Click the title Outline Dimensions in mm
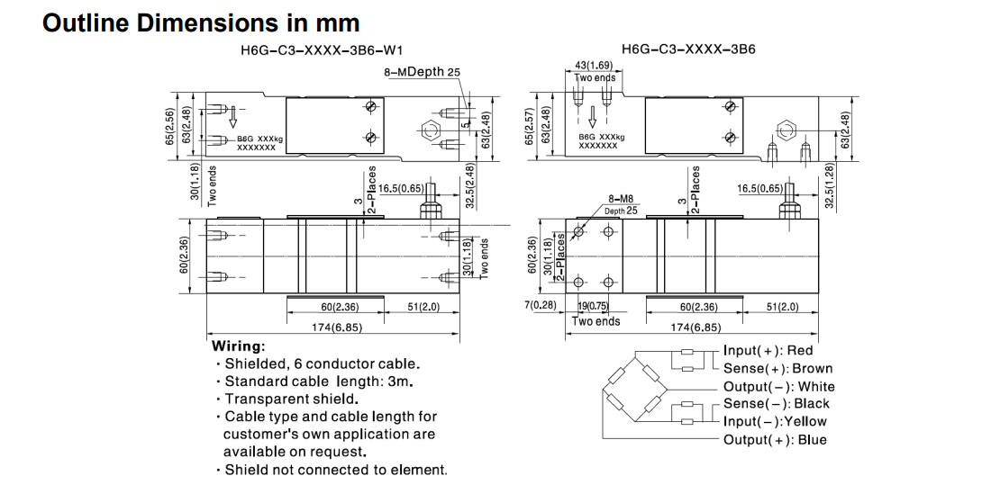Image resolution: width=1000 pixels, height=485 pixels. tap(201, 22)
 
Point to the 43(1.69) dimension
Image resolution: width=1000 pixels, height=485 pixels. tap(594, 66)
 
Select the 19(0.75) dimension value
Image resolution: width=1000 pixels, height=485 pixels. tap(594, 306)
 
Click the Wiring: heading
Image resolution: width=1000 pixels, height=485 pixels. tap(238, 346)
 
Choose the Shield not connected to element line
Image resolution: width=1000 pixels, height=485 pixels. tap(334, 470)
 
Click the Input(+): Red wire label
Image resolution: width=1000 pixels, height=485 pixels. tap(768, 351)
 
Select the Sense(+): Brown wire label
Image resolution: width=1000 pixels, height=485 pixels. tap(777, 368)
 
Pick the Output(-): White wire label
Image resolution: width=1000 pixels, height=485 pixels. tap(778, 386)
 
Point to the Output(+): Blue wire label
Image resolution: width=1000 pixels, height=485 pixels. tap(774, 440)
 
